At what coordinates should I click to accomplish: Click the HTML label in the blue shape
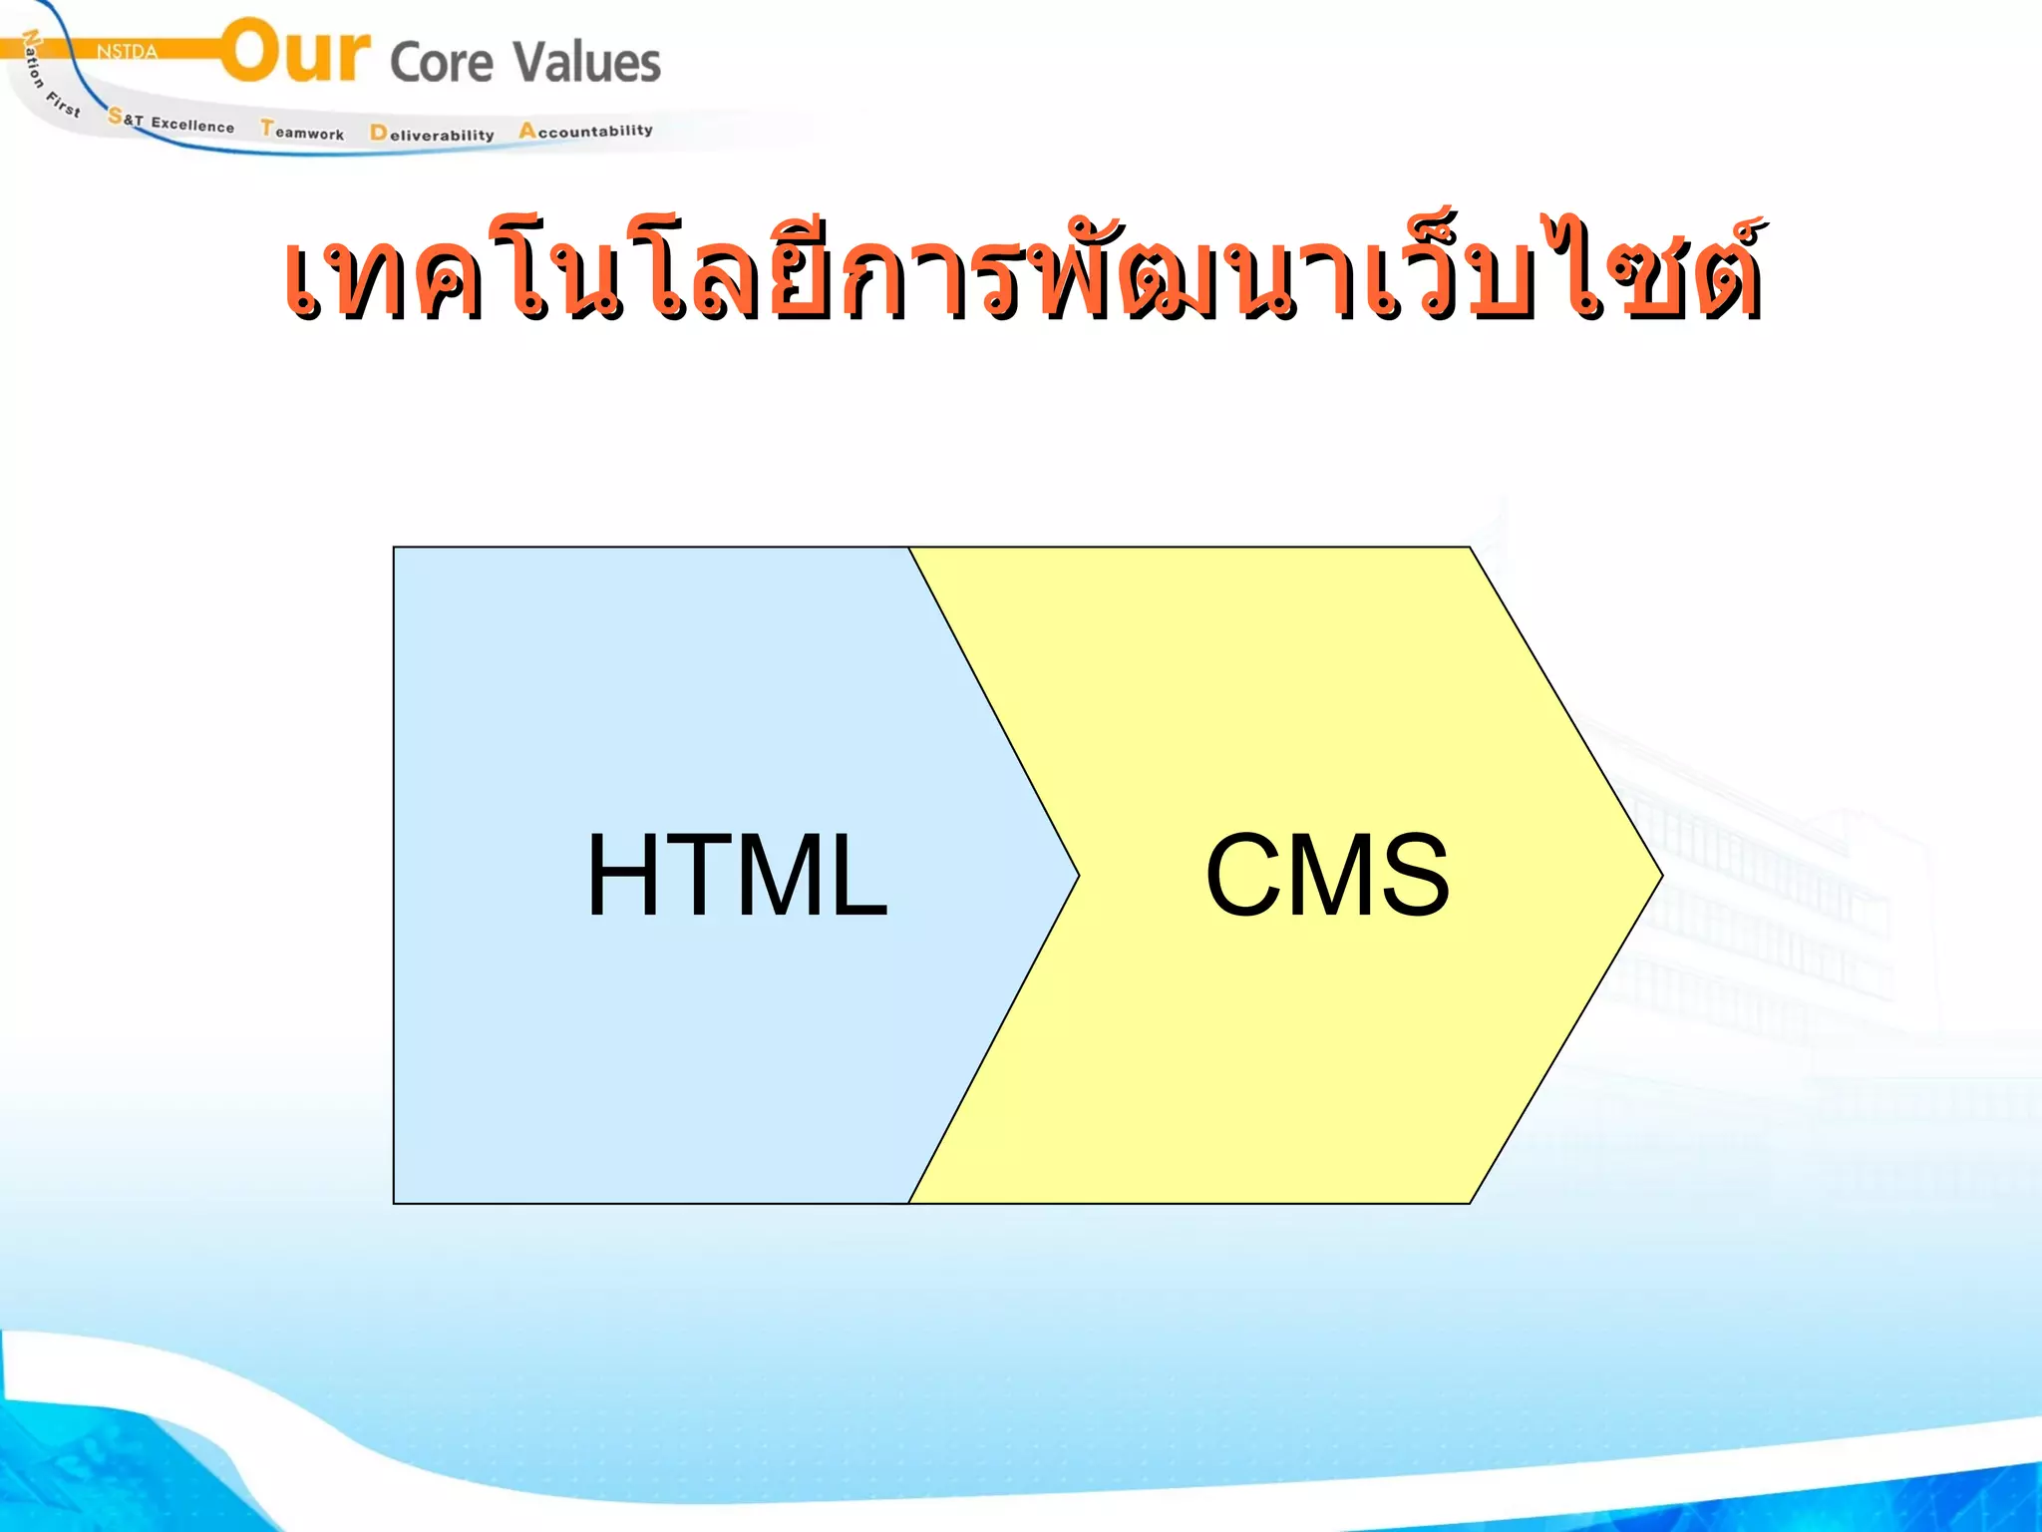(x=736, y=876)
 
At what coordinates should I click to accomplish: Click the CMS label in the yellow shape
(x=1327, y=876)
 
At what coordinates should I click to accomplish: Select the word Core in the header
(x=442, y=63)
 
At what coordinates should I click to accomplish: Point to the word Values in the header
(x=587, y=62)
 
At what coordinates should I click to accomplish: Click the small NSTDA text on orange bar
(x=127, y=52)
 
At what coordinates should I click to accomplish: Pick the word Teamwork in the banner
(x=302, y=131)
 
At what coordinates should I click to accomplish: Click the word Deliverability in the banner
(x=432, y=134)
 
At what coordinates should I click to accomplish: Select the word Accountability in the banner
(x=585, y=131)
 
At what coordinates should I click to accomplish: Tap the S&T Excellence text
(x=171, y=122)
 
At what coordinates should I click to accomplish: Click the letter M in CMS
(x=1328, y=876)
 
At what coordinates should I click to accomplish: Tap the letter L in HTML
(x=855, y=876)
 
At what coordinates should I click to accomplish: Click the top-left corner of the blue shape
(x=395, y=549)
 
